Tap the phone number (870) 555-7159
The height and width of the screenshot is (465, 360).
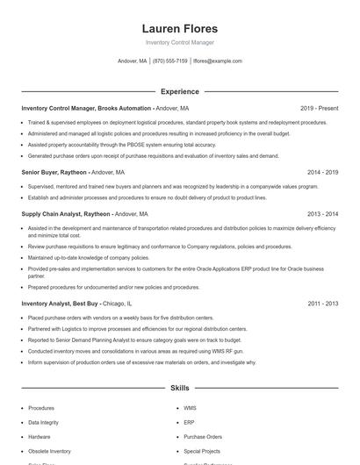(169, 61)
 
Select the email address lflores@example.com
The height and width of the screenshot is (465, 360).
(217, 61)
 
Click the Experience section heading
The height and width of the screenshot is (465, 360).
(179, 91)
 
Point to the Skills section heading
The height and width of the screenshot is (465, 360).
(179, 387)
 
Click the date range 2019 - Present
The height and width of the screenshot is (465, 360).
(319, 108)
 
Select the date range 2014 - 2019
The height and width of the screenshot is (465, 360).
(322, 173)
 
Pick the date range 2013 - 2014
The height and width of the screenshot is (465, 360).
(322, 213)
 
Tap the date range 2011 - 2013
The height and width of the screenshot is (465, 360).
(322, 303)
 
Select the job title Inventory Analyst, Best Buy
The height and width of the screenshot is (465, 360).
(58, 303)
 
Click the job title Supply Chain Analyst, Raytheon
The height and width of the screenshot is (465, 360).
(66, 213)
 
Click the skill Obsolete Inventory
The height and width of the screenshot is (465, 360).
(49, 450)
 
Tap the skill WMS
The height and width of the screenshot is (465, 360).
(191, 408)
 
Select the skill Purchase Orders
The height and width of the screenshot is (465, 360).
(203, 436)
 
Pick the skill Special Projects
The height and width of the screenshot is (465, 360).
(203, 450)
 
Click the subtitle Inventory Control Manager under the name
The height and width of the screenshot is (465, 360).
(179, 42)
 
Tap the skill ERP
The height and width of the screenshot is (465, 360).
(189, 422)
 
